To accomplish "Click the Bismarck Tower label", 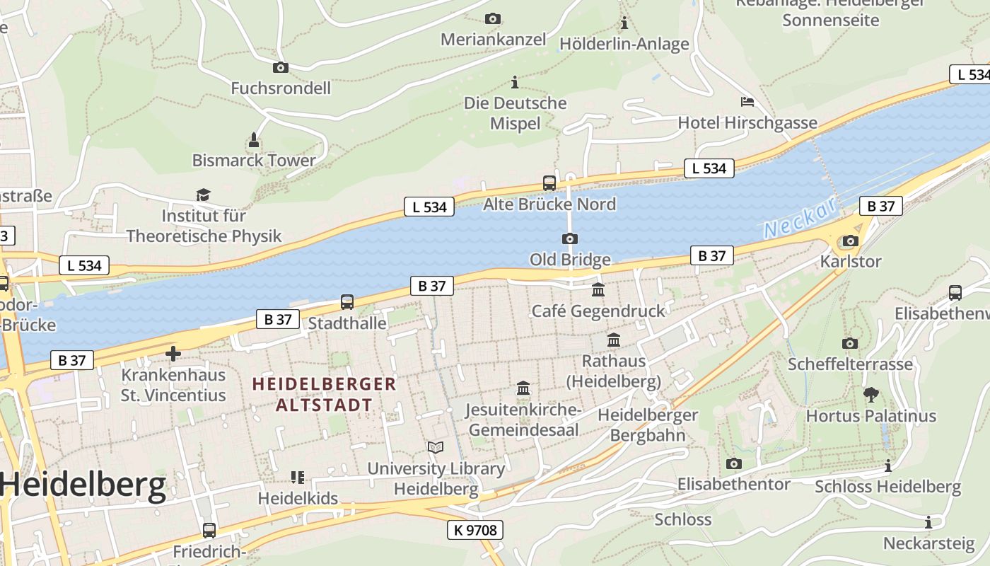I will pos(254,160).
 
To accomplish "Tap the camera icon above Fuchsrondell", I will pos(281,67).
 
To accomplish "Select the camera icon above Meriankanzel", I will pos(493,18).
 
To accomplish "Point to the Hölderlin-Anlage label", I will pos(624,44).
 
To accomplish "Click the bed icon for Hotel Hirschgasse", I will pos(747,101).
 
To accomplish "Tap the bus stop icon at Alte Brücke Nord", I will pos(549,183).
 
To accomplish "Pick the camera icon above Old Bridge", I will pos(570,238).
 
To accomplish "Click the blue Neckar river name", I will pos(800,218).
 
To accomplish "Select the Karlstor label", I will pos(851,261).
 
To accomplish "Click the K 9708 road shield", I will pos(475,529).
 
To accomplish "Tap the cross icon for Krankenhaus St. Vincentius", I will pos(173,353).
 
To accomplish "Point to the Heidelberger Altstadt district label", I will pos(325,394).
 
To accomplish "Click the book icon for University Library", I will pos(436,447).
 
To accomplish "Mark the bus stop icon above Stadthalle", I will pos(347,302).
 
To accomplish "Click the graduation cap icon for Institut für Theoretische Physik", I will pos(204,195).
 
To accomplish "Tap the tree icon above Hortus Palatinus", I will pos(871,395).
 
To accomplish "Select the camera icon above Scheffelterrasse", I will pos(850,343).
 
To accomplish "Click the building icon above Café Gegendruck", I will pos(598,289).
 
